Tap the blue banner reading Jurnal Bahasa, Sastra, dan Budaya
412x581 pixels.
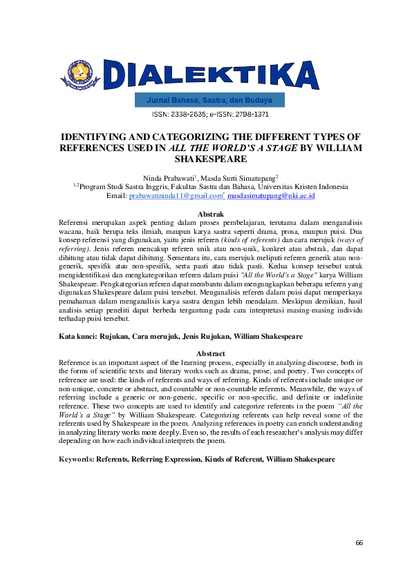click(x=210, y=101)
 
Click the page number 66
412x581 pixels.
click(x=359, y=543)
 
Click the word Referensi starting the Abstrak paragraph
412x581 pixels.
click(x=75, y=223)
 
